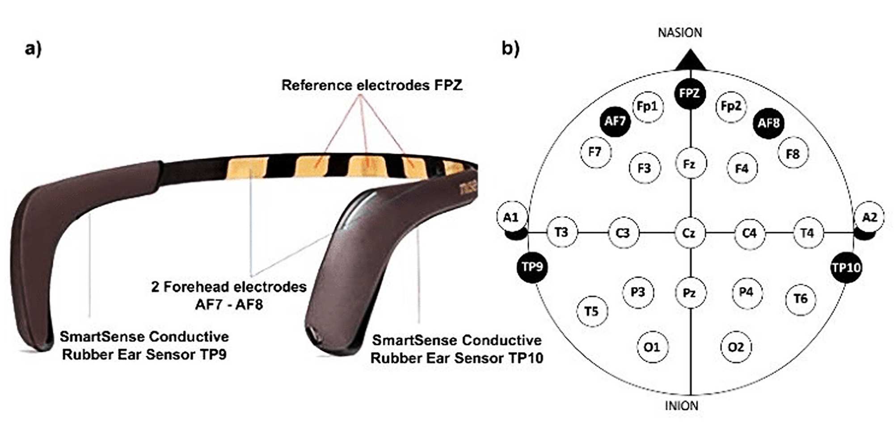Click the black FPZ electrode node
point(689,93)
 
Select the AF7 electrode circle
point(615,121)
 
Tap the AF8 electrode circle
point(768,123)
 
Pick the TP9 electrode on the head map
point(532,267)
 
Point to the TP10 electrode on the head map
point(846,268)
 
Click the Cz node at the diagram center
point(689,233)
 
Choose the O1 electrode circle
point(652,347)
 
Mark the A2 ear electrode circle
point(869,218)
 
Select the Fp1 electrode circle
point(647,106)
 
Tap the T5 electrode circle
point(591,311)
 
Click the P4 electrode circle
point(746,292)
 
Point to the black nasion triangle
point(691,62)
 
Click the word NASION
point(679,33)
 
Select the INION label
point(681,406)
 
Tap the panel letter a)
point(33,48)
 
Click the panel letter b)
point(510,48)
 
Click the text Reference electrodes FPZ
point(371,85)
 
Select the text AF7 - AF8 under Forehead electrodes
point(229,305)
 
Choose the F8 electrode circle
point(793,154)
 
